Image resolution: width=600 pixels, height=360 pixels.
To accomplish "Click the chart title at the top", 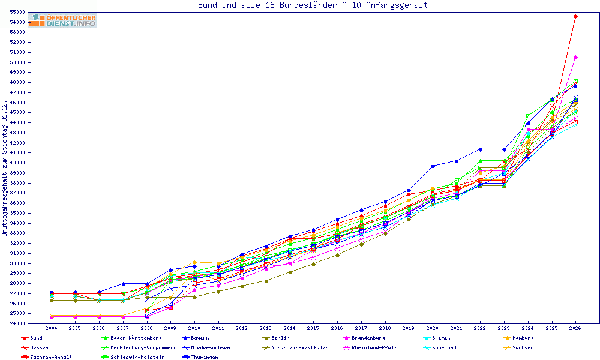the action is pos(313,5).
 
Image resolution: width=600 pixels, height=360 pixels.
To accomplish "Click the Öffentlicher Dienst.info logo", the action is pos(63,20).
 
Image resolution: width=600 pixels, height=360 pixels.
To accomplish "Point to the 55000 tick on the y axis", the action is pos(17,12).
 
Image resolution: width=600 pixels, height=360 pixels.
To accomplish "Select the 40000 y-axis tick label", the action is pos(17,163).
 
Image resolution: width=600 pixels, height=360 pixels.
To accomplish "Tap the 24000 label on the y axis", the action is pos(17,323).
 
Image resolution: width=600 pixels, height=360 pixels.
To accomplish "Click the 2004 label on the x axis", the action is pos(51,328).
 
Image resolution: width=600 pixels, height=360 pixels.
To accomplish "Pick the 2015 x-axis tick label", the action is pos(313,328).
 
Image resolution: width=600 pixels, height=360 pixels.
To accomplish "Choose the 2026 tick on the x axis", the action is pos(575,328).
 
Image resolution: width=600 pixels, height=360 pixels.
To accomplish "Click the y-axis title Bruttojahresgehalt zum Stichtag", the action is pos(5,169).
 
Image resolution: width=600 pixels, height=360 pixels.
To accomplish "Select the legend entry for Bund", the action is pos(32,338).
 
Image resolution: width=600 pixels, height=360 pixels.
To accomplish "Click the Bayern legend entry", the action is pos(196,338).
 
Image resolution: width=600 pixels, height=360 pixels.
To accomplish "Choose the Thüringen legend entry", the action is pos(200,357).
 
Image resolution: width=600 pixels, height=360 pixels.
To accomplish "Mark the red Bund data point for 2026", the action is pos(575,16).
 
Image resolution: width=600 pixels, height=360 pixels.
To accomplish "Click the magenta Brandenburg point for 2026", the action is pos(575,58).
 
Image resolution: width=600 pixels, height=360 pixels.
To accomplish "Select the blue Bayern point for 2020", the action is pos(433,166).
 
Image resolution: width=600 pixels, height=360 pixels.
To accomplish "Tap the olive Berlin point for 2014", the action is pos(290,272).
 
